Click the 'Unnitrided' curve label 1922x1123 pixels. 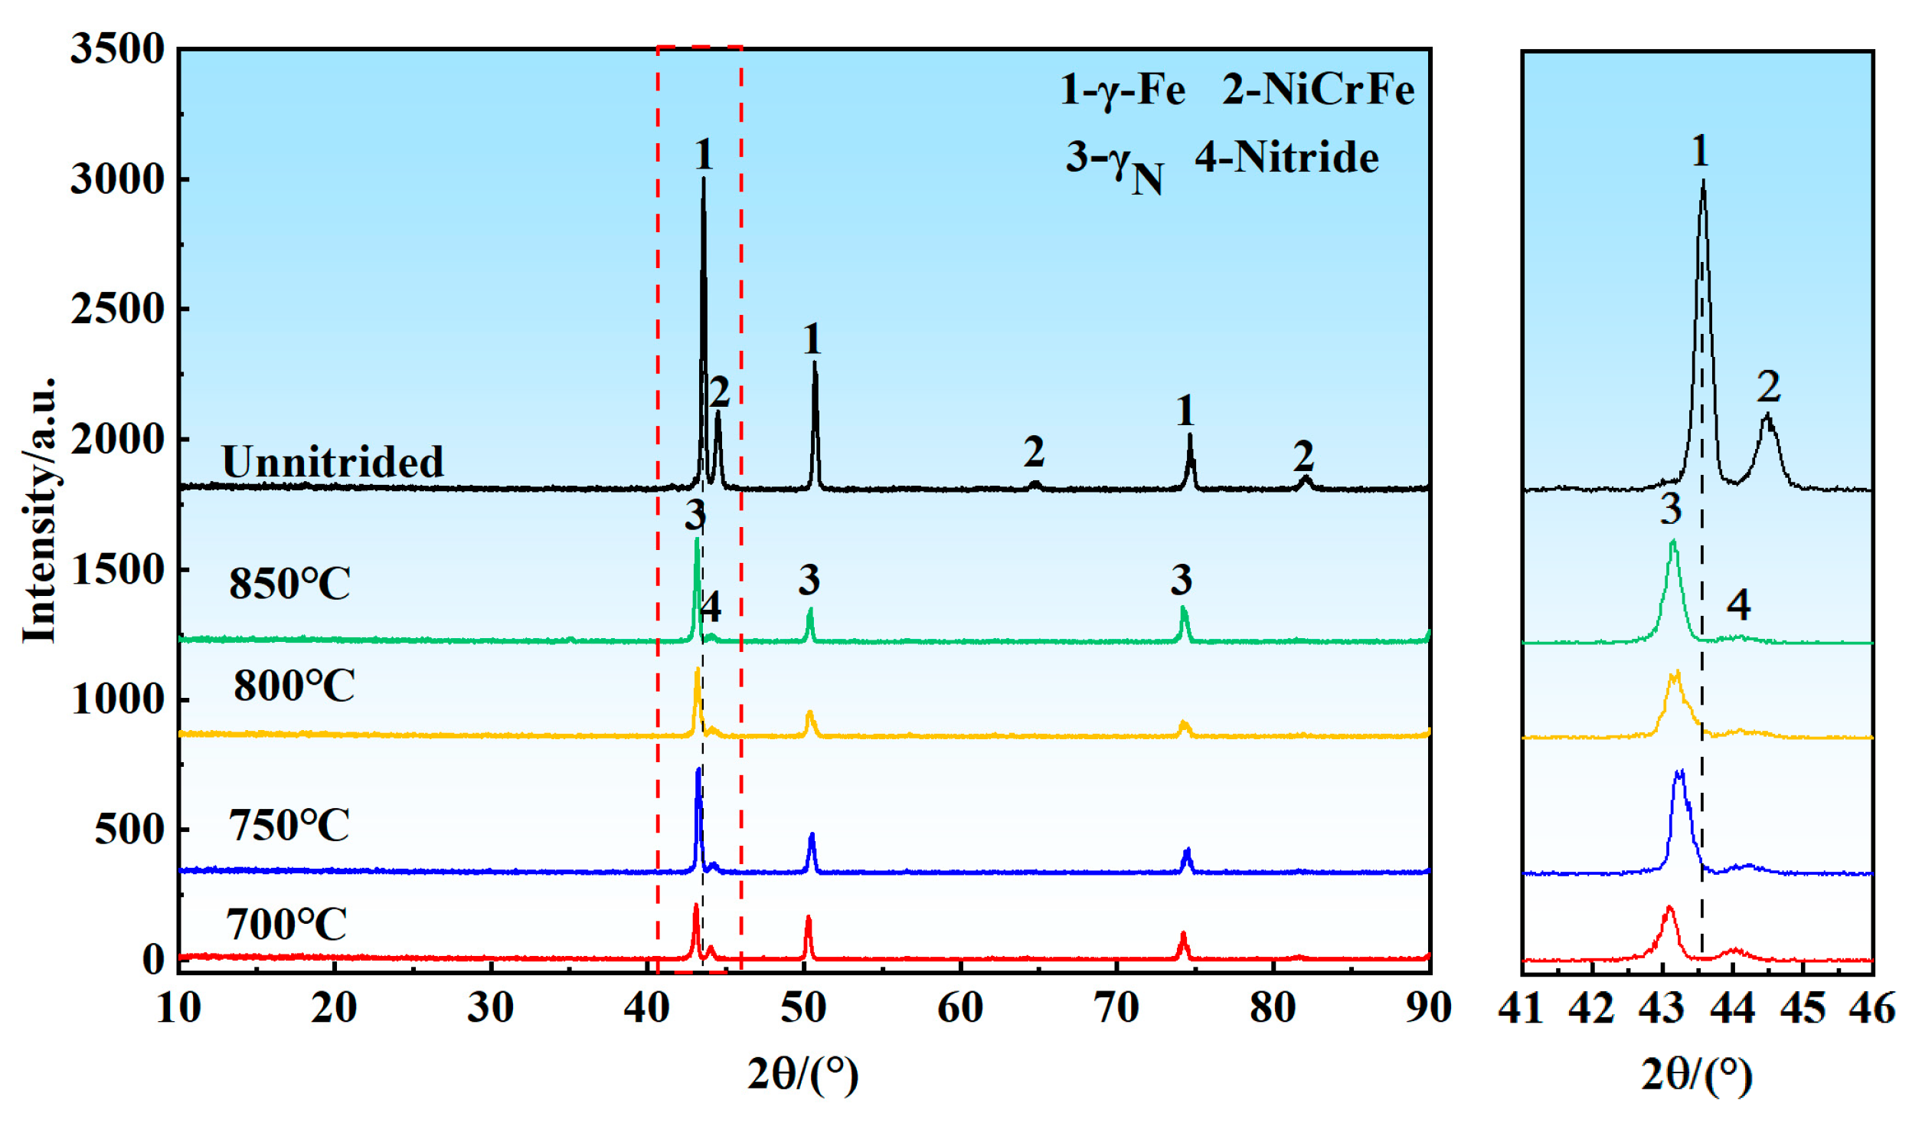[332, 462]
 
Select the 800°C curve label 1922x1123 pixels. [294, 685]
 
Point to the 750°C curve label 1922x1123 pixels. [289, 825]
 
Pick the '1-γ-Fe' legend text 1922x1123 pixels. [1122, 90]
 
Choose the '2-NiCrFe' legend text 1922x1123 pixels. [1317, 90]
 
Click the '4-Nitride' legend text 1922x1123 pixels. [1286, 158]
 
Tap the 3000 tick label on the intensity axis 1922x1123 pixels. [117, 179]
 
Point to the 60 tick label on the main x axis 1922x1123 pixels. [959, 1008]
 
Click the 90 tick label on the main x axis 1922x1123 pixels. [1428, 1008]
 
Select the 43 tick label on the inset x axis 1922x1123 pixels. [1661, 1009]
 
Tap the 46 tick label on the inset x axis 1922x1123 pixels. [1871, 1009]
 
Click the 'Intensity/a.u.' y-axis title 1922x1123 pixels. [38, 509]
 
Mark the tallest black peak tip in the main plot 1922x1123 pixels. [703, 179]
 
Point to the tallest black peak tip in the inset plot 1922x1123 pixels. [1702, 182]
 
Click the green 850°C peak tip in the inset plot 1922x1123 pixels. [1673, 542]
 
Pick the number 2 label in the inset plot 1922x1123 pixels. [1768, 386]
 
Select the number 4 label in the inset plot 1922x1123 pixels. [1738, 604]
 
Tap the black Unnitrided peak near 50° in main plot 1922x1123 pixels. [814, 363]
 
